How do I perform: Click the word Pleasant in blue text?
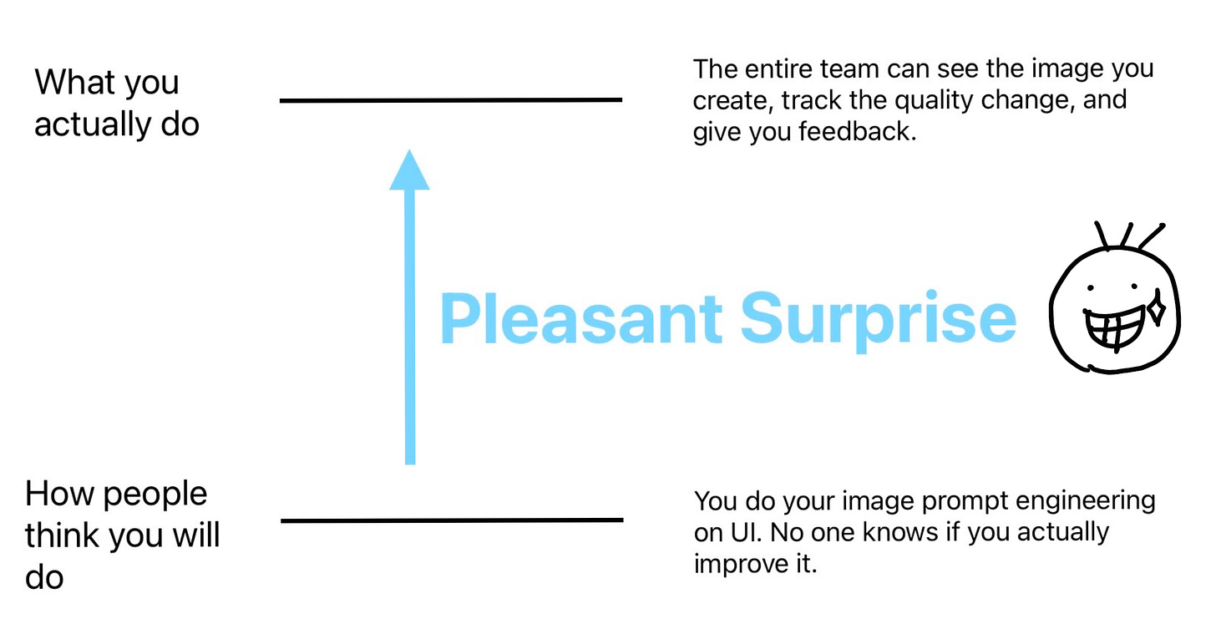[x=580, y=318]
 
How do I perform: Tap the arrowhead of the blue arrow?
[x=409, y=170]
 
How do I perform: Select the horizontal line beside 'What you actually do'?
[x=451, y=100]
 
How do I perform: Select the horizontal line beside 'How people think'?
[x=451, y=520]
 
